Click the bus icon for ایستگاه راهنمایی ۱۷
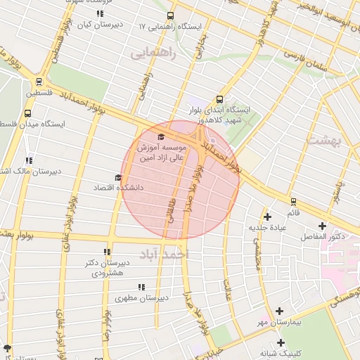pyautogui.click(x=170, y=15)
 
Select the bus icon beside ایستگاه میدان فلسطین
pyautogui.click(x=28, y=113)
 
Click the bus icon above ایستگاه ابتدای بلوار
pyautogui.click(x=219, y=100)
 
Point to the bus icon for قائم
pyautogui.click(x=292, y=201)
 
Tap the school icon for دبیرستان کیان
pyautogui.click(x=99, y=13)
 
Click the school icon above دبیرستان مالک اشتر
pyautogui.click(x=29, y=160)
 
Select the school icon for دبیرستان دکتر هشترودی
pyautogui.click(x=106, y=252)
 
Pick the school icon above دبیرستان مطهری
pyautogui.click(x=141, y=287)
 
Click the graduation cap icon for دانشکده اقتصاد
pyautogui.click(x=117, y=177)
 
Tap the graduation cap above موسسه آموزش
pyautogui.click(x=160, y=136)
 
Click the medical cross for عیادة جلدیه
pyautogui.click(x=266, y=217)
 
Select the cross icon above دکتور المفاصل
pyautogui.click(x=322, y=226)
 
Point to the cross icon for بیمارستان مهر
pyautogui.click(x=279, y=310)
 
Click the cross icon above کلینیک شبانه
pyautogui.click(x=281, y=342)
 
